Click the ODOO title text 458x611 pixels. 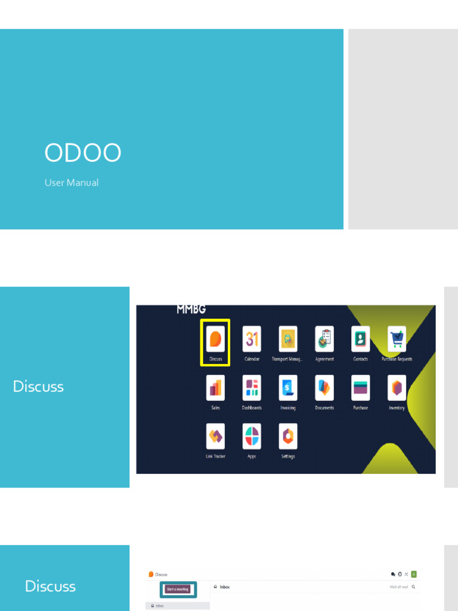click(83, 153)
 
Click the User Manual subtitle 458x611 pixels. click(72, 183)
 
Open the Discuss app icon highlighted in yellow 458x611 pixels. click(215, 339)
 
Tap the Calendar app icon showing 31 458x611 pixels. click(252, 339)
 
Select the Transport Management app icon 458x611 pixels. click(288, 339)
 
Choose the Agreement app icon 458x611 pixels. click(324, 339)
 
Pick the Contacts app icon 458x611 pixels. click(360, 339)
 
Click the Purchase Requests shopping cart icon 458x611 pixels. click(397, 339)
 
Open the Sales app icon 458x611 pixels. click(215, 388)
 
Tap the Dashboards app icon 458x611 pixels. click(252, 388)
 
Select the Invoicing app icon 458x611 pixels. click(288, 388)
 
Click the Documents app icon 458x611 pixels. click(324, 388)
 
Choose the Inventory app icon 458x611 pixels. click(397, 388)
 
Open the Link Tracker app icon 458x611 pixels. click(215, 436)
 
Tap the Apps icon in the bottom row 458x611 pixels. click(252, 436)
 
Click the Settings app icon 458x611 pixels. click(288, 436)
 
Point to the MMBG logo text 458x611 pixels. click(191, 309)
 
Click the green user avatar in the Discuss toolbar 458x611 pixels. click(414, 574)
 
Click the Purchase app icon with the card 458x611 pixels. click(360, 388)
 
